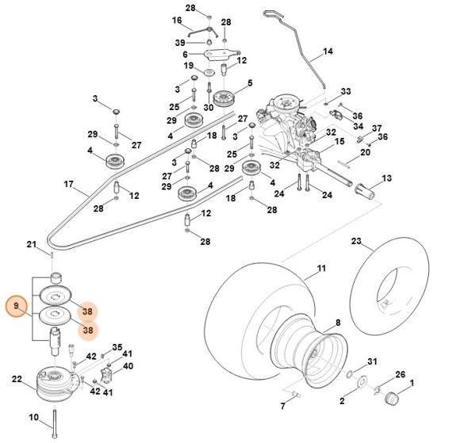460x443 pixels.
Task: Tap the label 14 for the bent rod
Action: (x=328, y=53)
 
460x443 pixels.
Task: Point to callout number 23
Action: (x=356, y=240)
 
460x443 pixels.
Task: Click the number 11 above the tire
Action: (x=321, y=269)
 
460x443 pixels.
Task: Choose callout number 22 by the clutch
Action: (x=17, y=380)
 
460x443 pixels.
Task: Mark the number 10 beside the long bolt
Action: (x=34, y=417)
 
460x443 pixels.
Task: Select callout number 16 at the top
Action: (x=177, y=20)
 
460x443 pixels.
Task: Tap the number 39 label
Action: (x=180, y=42)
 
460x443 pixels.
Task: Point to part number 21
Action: (x=32, y=243)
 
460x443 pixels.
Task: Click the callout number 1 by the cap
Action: (x=412, y=385)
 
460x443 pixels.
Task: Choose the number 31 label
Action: (x=373, y=362)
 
